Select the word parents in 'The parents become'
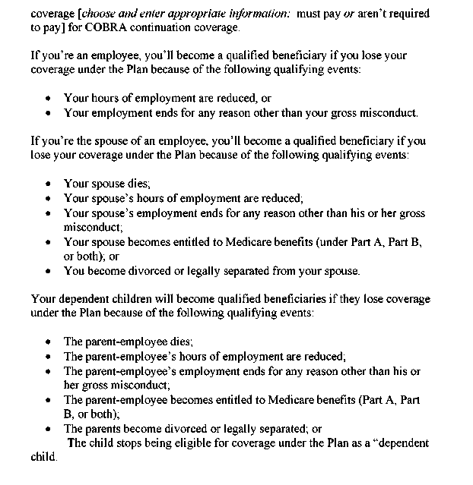[102, 428]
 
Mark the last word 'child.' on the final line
[43, 458]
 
